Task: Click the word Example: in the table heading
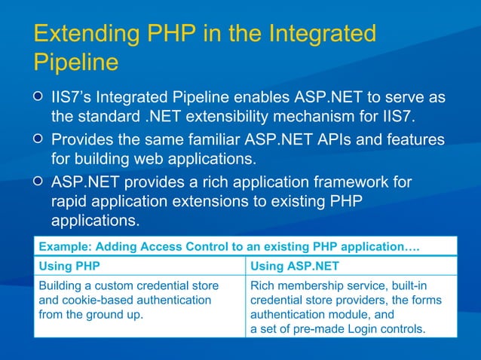64,246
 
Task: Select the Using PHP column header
69,266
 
